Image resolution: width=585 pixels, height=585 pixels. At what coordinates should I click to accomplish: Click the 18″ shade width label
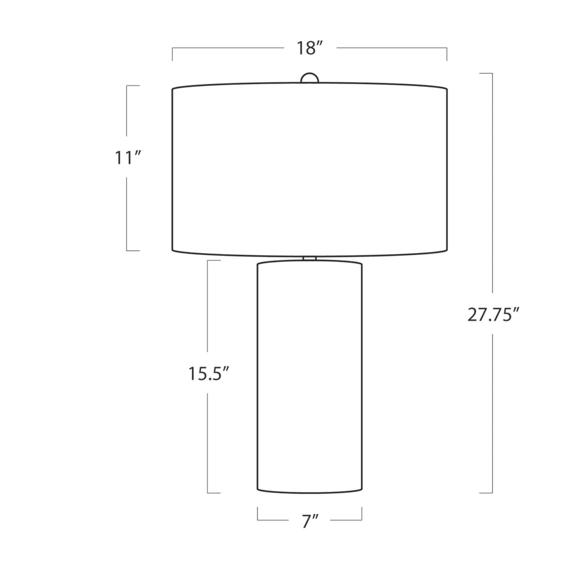click(x=310, y=48)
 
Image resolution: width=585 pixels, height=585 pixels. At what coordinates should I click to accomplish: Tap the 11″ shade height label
click(x=128, y=158)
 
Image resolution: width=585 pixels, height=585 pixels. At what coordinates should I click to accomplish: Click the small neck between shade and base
click(x=309, y=259)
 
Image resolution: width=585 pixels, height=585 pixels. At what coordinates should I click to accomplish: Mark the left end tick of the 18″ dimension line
click(x=173, y=54)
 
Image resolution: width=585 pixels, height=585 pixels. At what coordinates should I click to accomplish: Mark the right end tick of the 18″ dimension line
click(x=447, y=54)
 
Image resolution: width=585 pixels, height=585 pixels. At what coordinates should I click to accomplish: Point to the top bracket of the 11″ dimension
click(x=133, y=86)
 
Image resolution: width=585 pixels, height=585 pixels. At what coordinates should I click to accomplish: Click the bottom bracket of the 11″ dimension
click(x=133, y=251)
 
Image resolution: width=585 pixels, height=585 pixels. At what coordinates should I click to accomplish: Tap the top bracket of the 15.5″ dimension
click(x=213, y=261)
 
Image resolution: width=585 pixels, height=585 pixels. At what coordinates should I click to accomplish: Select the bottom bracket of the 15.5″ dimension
click(x=213, y=493)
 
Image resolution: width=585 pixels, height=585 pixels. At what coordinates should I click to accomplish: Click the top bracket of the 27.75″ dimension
click(x=486, y=73)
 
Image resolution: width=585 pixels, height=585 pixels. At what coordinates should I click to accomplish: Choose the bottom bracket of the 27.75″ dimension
click(x=486, y=493)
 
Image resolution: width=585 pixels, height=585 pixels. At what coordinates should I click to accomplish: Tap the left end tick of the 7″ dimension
click(x=258, y=514)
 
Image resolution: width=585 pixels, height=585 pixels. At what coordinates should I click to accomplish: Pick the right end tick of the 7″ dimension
click(x=361, y=514)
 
